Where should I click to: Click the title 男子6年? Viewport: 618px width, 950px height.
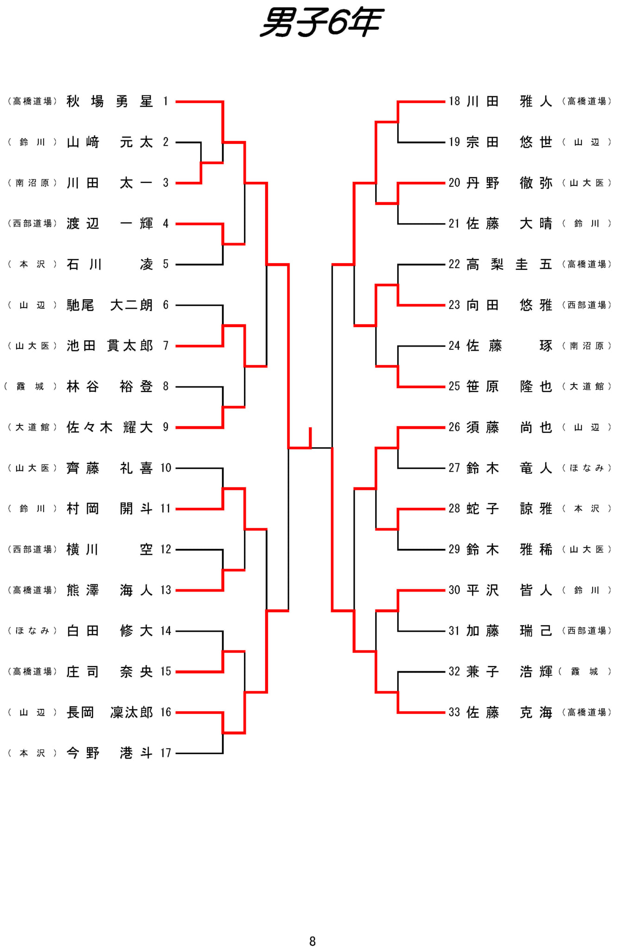point(321,22)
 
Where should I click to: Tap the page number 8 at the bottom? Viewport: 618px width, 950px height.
point(312,941)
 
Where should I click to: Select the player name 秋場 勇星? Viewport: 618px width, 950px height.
point(109,101)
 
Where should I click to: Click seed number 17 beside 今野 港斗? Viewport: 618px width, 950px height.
point(166,753)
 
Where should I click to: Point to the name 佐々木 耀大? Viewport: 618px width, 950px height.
point(109,427)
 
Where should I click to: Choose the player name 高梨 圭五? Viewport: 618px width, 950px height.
point(509,264)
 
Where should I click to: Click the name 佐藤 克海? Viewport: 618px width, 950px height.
point(509,712)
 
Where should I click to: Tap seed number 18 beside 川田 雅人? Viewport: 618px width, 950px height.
point(454,101)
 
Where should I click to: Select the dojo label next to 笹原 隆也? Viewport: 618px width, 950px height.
point(586,386)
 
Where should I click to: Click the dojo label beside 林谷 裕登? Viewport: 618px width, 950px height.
point(31,386)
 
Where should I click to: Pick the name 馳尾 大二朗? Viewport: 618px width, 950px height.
point(109,305)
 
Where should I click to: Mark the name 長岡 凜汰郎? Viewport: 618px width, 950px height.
point(109,712)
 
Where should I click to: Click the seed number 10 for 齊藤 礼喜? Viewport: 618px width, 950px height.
point(166,468)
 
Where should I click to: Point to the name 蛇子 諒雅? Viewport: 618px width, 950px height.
point(509,509)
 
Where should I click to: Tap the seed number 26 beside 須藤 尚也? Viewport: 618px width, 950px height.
point(454,427)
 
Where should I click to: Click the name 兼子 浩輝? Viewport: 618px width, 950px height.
point(509,672)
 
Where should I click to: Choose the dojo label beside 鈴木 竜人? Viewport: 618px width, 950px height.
point(586,468)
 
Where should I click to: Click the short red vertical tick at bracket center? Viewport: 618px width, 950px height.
point(310,437)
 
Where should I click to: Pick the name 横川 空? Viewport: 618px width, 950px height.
point(109,550)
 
